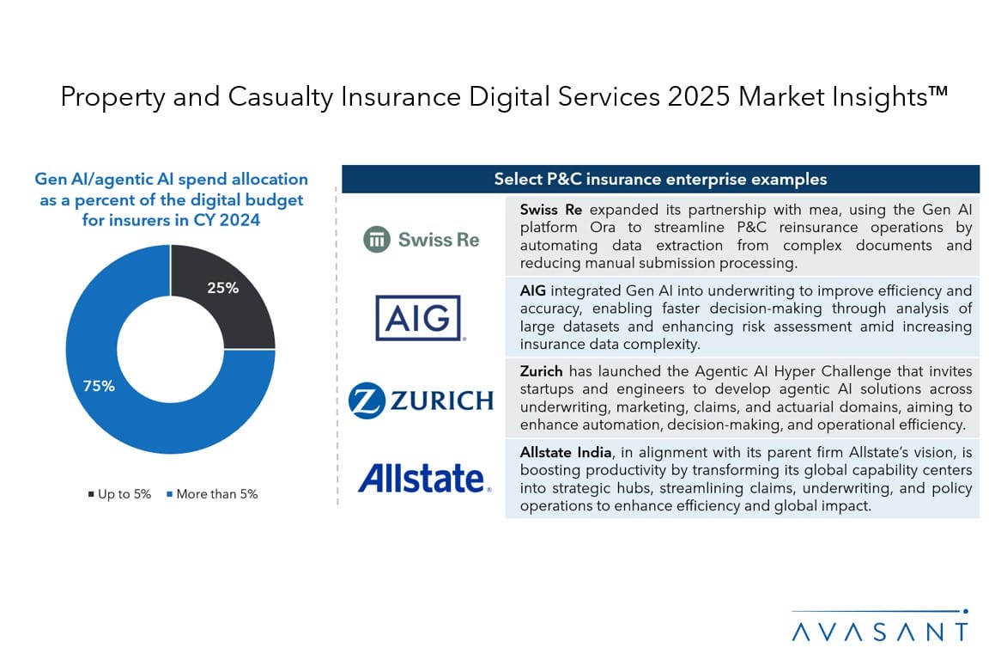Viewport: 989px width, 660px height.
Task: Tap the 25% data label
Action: click(x=222, y=288)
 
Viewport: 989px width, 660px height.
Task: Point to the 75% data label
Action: click(x=99, y=386)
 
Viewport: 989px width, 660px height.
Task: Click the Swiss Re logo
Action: click(x=421, y=239)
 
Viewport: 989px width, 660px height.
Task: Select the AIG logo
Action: click(x=419, y=318)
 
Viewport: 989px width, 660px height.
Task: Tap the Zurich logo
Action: click(x=421, y=400)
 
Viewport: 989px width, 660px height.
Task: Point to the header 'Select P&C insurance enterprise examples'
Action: click(x=660, y=180)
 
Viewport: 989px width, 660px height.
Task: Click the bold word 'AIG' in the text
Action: click(x=533, y=291)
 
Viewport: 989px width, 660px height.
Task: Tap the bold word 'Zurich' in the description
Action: click(x=541, y=371)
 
